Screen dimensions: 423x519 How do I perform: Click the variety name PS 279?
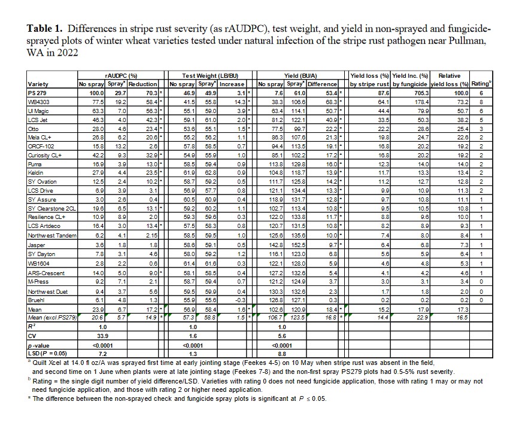pyautogui.click(x=37, y=93)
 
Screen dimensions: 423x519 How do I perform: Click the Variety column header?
pyautogui.click(x=38, y=84)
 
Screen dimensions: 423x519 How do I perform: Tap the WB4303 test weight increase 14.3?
pyautogui.click(x=238, y=102)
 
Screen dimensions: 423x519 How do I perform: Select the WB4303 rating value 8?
pyautogui.click(x=480, y=102)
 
